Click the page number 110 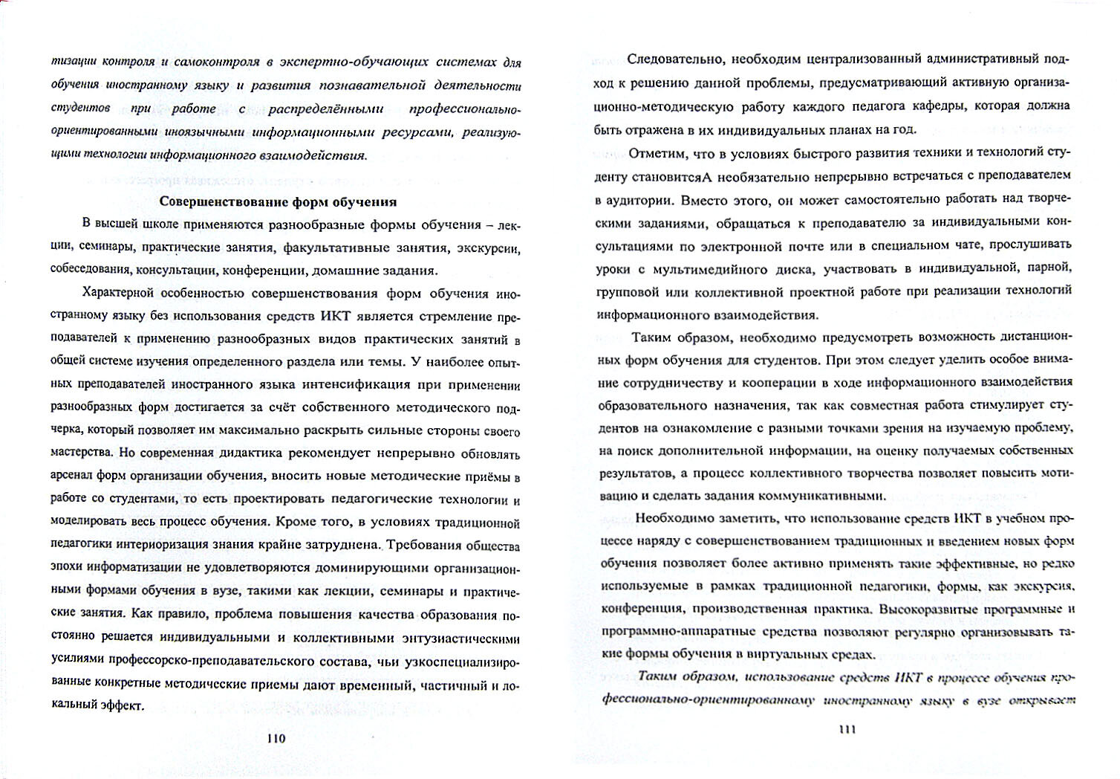275,738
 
